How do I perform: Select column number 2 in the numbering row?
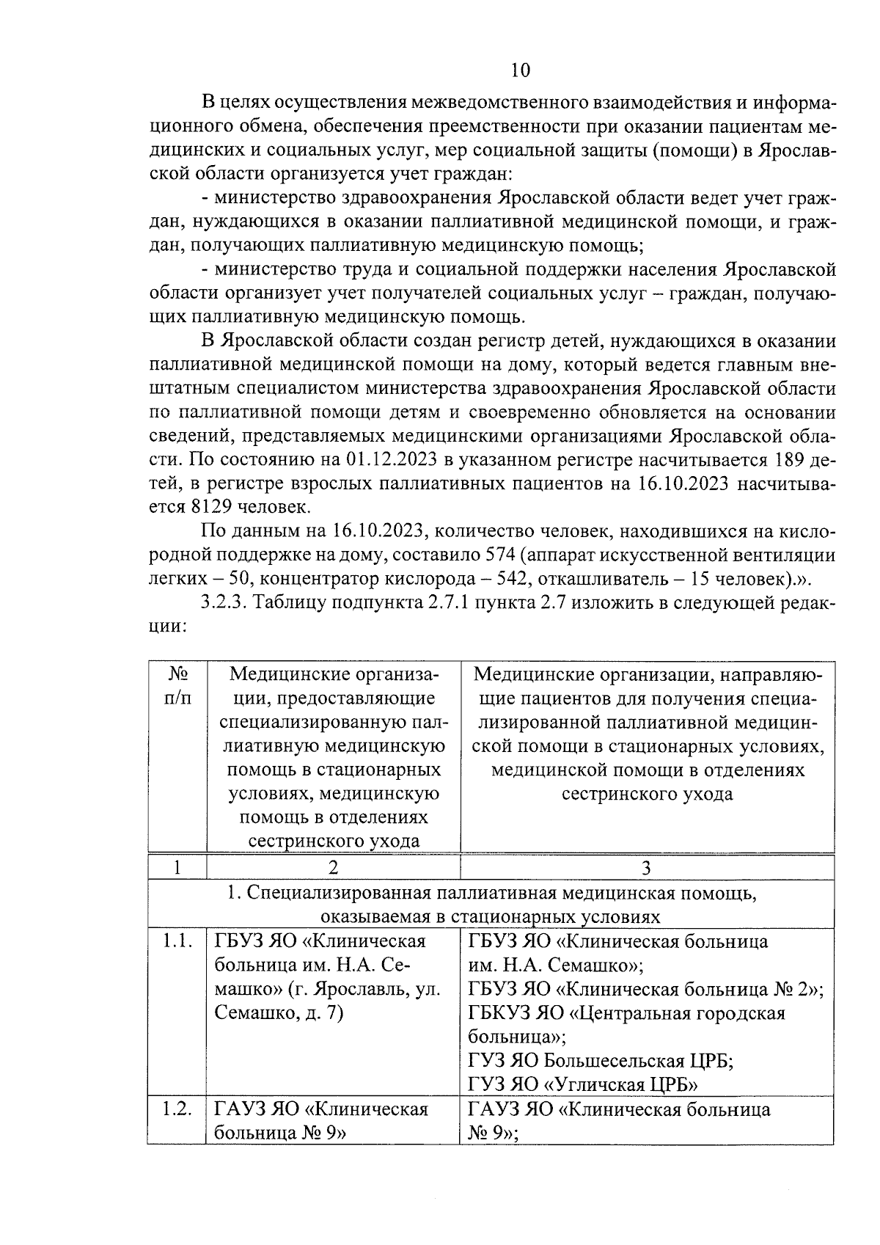pos(334,868)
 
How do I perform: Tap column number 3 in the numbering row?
pos(646,868)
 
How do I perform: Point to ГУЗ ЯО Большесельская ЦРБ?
pos(601,1061)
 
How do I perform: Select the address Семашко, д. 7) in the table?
pos(279,1013)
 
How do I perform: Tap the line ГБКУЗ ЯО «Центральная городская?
pos(626,1013)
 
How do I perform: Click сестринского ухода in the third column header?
pos(646,794)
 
